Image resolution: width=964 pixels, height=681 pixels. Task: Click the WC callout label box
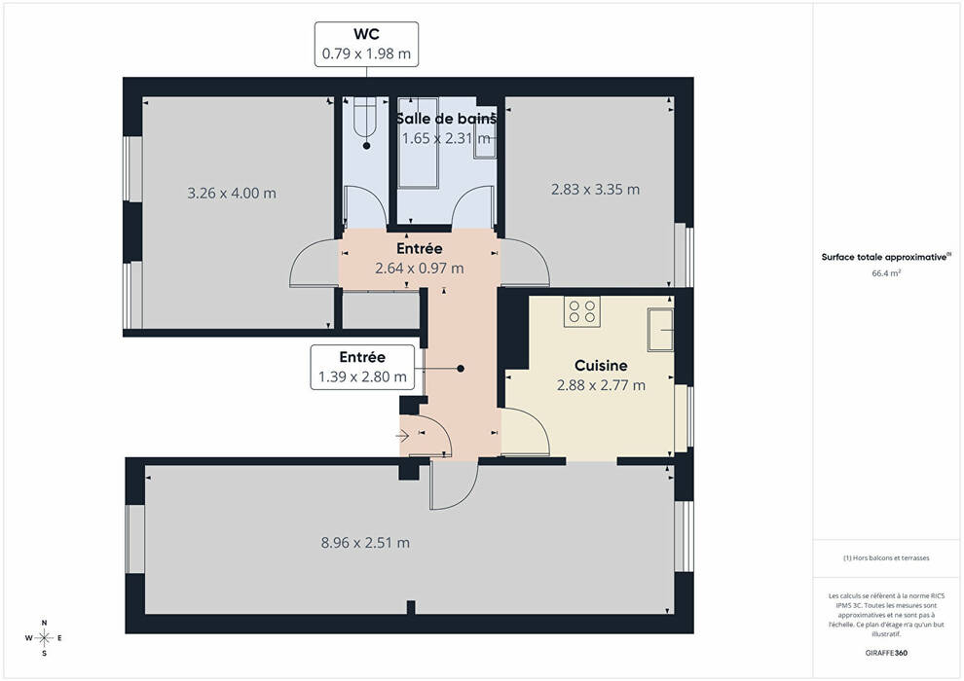tap(366, 44)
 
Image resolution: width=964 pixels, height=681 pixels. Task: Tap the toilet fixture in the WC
tap(364, 118)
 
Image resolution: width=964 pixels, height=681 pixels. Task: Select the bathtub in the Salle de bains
tap(418, 142)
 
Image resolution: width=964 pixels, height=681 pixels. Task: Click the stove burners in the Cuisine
tap(581, 311)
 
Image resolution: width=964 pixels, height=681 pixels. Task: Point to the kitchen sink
tap(660, 330)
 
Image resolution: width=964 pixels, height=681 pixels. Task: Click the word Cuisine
tap(601, 366)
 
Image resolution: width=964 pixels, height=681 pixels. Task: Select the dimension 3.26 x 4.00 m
tap(232, 193)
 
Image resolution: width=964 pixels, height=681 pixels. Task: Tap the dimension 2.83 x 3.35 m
tap(595, 189)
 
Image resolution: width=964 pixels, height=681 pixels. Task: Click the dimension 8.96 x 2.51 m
tap(365, 542)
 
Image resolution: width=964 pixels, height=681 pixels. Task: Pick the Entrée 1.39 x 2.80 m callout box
tap(362, 367)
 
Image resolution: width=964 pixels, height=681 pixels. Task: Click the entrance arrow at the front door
tap(403, 436)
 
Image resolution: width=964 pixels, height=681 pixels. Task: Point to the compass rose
tap(44, 638)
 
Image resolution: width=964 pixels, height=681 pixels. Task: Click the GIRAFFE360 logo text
tap(886, 653)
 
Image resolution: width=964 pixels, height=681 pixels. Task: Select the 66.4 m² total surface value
tap(886, 273)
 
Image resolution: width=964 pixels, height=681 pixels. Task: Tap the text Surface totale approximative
tap(884, 257)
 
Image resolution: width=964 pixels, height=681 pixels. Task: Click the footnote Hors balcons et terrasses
tap(886, 558)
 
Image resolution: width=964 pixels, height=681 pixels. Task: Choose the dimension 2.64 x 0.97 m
tap(420, 269)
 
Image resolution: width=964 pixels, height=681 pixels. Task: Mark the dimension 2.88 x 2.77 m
tap(601, 385)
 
